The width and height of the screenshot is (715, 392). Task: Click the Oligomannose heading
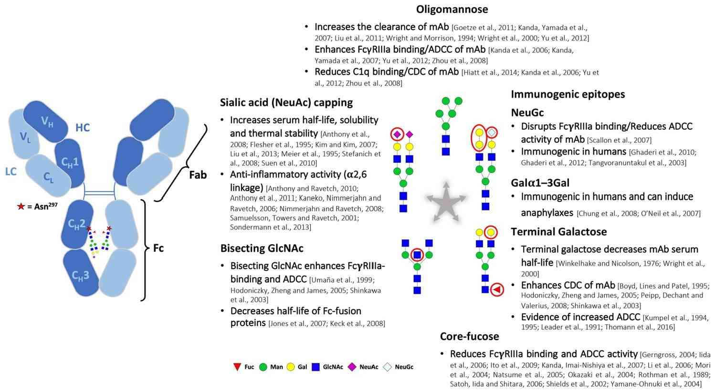pos(452,9)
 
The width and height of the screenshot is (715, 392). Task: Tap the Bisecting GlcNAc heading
pos(262,248)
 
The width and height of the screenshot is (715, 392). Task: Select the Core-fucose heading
pos(469,336)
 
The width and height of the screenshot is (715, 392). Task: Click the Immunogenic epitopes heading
pos(568,94)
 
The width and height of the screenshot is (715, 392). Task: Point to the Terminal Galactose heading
pos(558,232)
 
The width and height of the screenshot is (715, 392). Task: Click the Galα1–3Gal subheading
pos(540,183)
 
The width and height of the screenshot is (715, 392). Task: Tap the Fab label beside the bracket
pos(198,175)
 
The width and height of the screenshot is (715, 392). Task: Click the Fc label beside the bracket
pos(158,248)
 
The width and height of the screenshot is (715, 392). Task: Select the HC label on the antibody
pos(83,127)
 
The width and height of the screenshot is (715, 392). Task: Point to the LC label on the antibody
pos(11,171)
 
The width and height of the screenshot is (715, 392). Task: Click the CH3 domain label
pos(80,275)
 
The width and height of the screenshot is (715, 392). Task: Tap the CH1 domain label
pos(70,162)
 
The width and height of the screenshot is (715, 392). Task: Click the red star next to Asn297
pos(21,206)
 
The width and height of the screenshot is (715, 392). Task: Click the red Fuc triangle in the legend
pos(236,367)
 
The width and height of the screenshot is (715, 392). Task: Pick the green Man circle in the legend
pos(263,367)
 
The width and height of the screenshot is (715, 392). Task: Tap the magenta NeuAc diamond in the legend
pos(352,367)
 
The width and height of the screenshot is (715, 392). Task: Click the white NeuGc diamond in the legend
pos(388,367)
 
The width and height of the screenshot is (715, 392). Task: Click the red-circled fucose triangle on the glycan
pos(497,289)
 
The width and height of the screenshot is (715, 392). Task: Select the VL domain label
pos(25,137)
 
